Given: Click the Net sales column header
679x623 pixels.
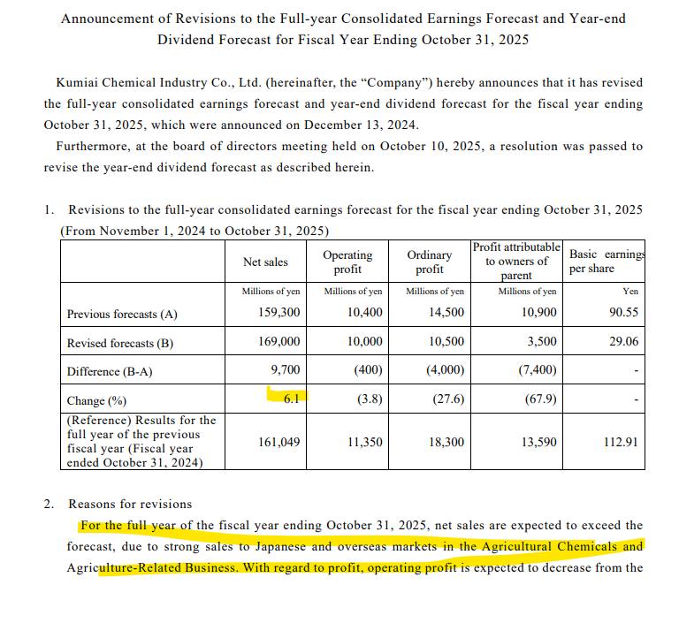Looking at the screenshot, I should tap(265, 262).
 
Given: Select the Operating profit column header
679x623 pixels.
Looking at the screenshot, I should tap(347, 262).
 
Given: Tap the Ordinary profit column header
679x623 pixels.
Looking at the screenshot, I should tap(430, 262).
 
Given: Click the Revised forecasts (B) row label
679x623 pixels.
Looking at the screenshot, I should tap(111, 343).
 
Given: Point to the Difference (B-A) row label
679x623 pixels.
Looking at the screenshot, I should tap(110, 371).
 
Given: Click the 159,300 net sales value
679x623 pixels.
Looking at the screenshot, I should tap(278, 313).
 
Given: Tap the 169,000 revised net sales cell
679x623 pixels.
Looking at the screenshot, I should tap(278, 342).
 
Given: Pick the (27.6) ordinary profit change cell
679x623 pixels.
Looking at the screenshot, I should tap(449, 399).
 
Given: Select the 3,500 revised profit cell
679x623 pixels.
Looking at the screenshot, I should tap(541, 342).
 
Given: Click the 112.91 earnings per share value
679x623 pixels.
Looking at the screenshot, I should tap(620, 442).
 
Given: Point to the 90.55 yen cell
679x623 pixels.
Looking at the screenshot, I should tap(623, 313).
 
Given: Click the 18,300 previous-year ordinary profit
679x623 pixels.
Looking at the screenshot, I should tap(446, 442).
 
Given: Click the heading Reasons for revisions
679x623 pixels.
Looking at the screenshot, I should tap(130, 504).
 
